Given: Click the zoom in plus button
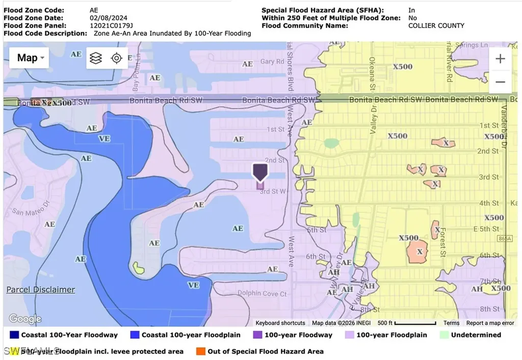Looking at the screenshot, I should pos(500,59).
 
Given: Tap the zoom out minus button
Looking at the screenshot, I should pos(500,82).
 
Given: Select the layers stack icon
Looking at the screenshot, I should pos(95,58).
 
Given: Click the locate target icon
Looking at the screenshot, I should pos(117,58).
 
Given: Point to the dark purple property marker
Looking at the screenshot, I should pos(260,172).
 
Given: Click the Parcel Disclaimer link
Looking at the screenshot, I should pos(41,290).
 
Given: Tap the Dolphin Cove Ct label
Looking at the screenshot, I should pos(258,293).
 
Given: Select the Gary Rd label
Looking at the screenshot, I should pos(268,62).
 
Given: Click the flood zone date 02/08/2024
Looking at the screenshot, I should pos(109,18).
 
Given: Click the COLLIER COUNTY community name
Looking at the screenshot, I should pos(436,25).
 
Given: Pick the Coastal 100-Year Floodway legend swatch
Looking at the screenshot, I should pos(14,335).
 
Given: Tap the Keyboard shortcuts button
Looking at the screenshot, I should pos(280,323).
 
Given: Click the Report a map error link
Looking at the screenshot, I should pos(490,323).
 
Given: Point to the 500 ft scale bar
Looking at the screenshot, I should pos(408,323).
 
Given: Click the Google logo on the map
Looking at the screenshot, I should pos(25,319).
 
